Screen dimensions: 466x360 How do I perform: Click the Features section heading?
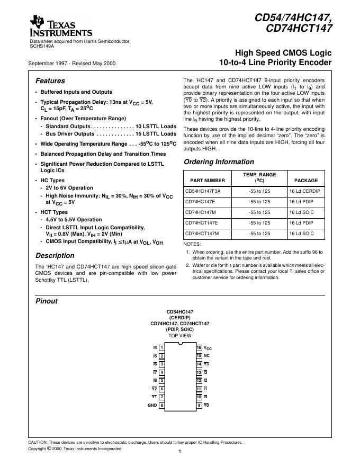coord(50,81)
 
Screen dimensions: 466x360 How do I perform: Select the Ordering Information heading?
coord(211,162)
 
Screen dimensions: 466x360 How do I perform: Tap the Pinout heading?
coord(46,301)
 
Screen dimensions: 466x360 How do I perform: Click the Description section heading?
coord(55,255)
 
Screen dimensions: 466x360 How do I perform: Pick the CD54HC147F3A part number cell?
coord(203,191)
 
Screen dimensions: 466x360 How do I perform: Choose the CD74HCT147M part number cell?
coord(202,233)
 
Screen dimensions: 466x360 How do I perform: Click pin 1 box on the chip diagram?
coord(161,347)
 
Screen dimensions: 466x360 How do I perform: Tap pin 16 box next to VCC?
coord(199,347)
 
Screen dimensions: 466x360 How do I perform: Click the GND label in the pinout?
coord(152,405)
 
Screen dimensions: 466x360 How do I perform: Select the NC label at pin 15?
coord(207,355)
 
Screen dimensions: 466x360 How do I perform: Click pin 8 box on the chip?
coord(161,405)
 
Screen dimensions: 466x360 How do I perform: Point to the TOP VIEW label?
coord(179,336)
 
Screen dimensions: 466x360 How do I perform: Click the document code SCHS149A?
coord(42,46)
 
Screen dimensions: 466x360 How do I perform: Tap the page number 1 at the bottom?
coord(180,452)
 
